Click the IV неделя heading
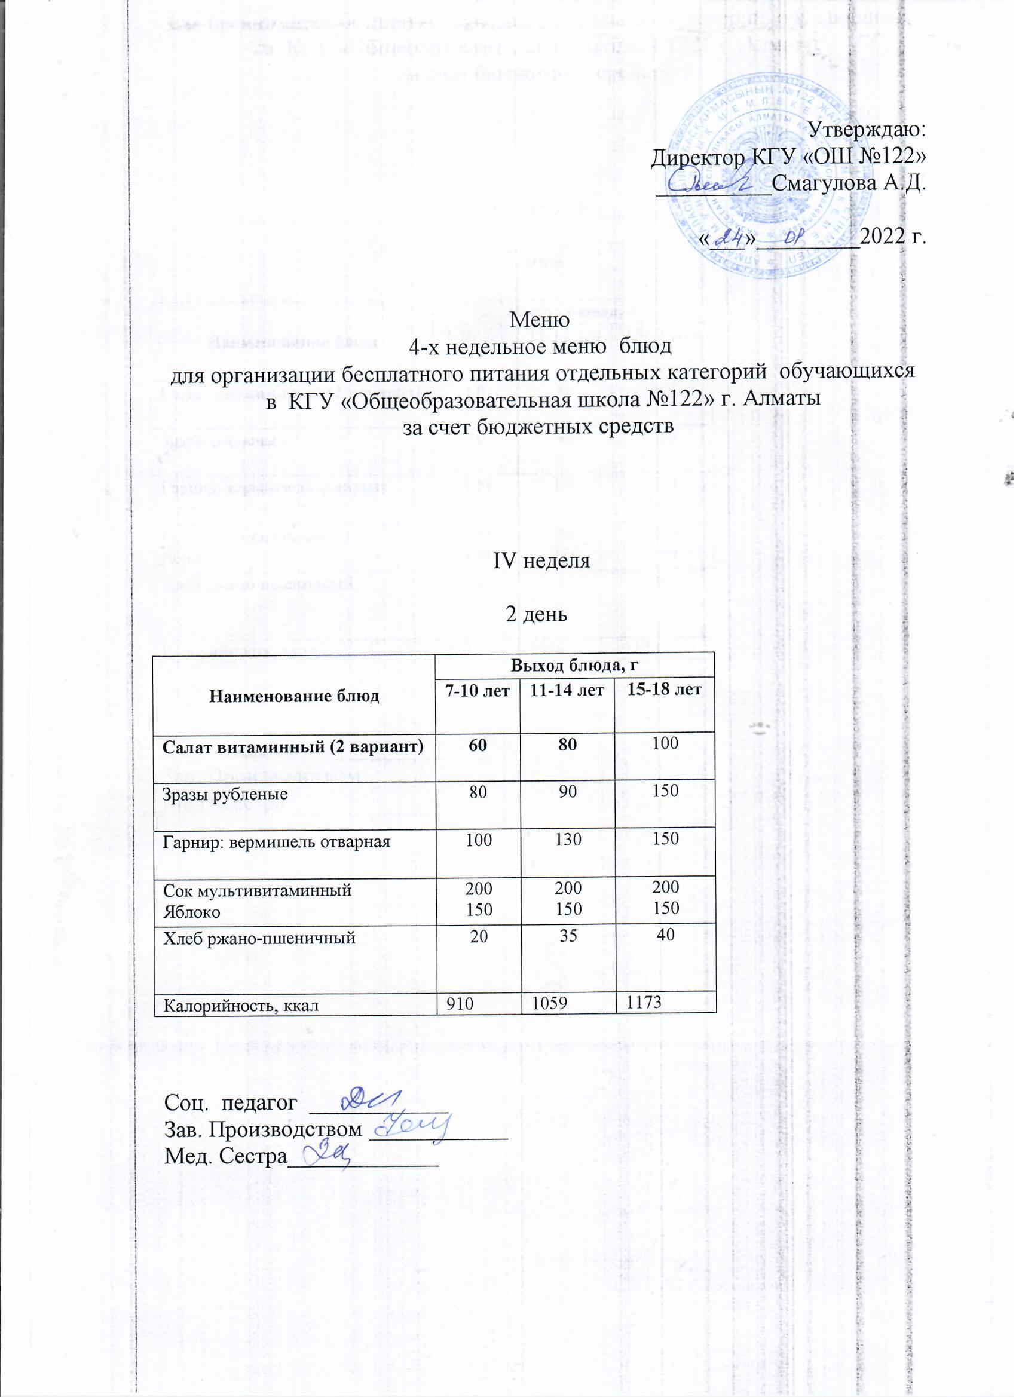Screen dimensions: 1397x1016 click(541, 562)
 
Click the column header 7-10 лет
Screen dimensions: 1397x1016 click(478, 691)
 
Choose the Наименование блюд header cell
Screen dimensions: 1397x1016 click(295, 696)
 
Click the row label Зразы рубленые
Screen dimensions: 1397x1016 click(225, 794)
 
